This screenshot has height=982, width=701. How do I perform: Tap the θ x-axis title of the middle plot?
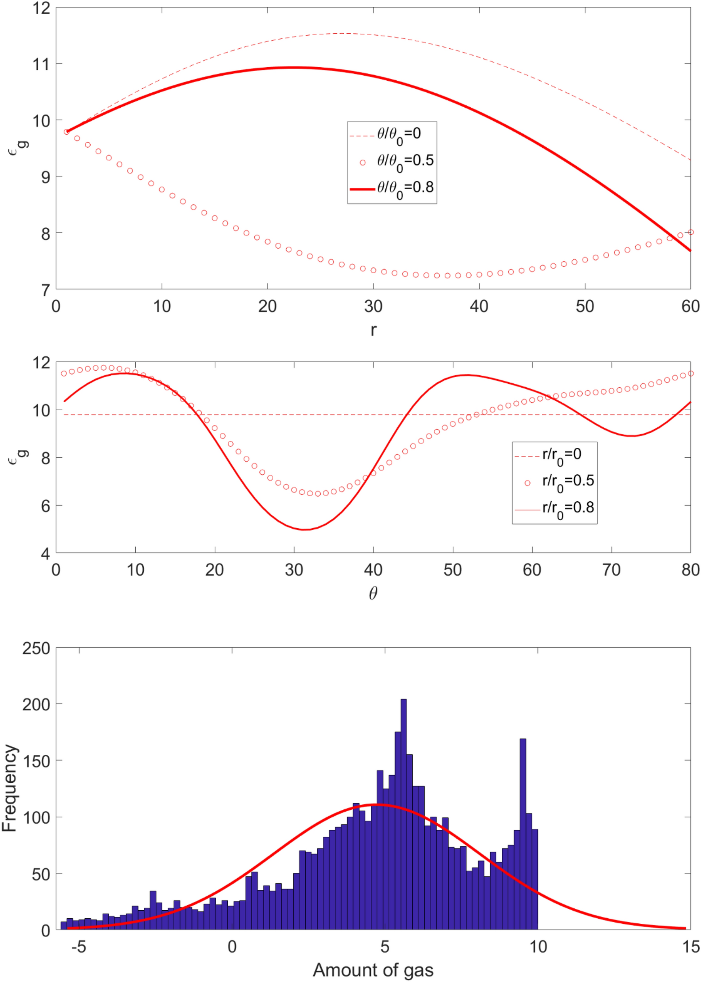(373, 594)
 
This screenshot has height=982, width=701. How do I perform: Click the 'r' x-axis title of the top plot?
(373, 330)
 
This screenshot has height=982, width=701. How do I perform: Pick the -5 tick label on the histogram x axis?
(78, 947)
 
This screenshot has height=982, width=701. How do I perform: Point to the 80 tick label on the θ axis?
(690, 570)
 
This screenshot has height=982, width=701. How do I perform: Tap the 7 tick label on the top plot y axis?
(45, 290)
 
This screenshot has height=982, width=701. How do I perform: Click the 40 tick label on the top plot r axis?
(479, 306)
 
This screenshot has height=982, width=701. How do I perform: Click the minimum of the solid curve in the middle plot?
(305, 529)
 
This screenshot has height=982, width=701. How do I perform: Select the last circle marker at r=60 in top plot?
(691, 232)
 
